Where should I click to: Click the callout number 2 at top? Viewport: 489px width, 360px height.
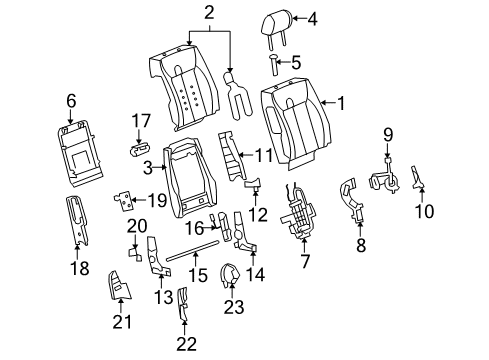point(208,12)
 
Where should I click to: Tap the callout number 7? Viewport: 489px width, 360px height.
point(306,261)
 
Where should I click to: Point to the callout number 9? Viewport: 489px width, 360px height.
point(389,133)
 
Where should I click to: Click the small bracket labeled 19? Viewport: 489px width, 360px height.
point(123,200)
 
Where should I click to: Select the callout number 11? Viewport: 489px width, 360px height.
point(264,155)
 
